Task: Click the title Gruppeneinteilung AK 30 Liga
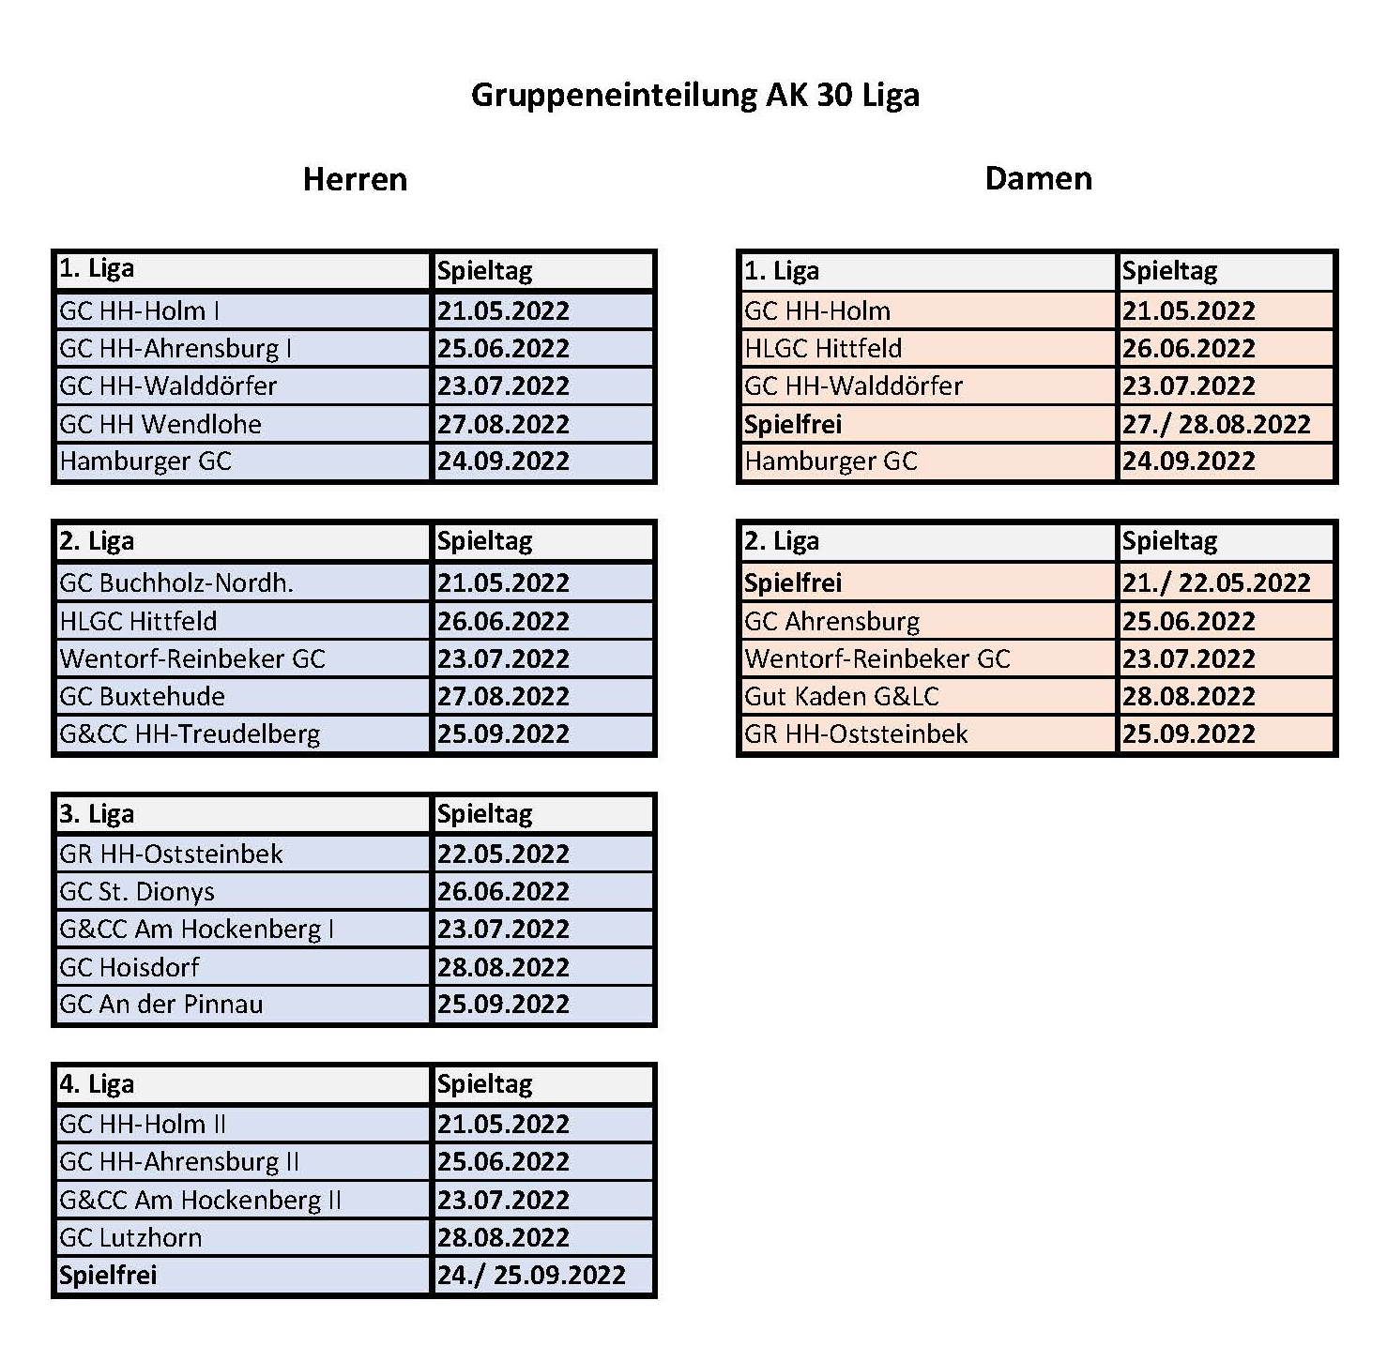[x=694, y=96]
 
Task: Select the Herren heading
[x=355, y=179]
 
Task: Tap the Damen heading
[x=1038, y=178]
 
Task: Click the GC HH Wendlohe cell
[x=160, y=424]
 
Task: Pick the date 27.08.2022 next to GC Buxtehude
[x=503, y=696]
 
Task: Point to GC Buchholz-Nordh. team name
[x=176, y=582]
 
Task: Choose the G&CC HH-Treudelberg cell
[x=190, y=733]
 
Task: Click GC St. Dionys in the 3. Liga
[x=137, y=891]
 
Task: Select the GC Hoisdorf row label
[x=130, y=967]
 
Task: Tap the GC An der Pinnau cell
[x=161, y=1005]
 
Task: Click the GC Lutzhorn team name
[x=130, y=1237]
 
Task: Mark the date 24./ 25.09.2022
[x=531, y=1275]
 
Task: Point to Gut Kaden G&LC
[x=842, y=696]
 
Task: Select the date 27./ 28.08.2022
[x=1216, y=424]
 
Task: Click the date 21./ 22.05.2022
[x=1216, y=582]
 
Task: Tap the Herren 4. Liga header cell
[x=97, y=1084]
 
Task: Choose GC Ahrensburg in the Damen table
[x=831, y=621]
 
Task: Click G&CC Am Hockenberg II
[x=200, y=1200]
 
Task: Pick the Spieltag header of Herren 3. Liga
[x=485, y=814]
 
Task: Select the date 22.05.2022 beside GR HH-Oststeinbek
[x=503, y=854]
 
